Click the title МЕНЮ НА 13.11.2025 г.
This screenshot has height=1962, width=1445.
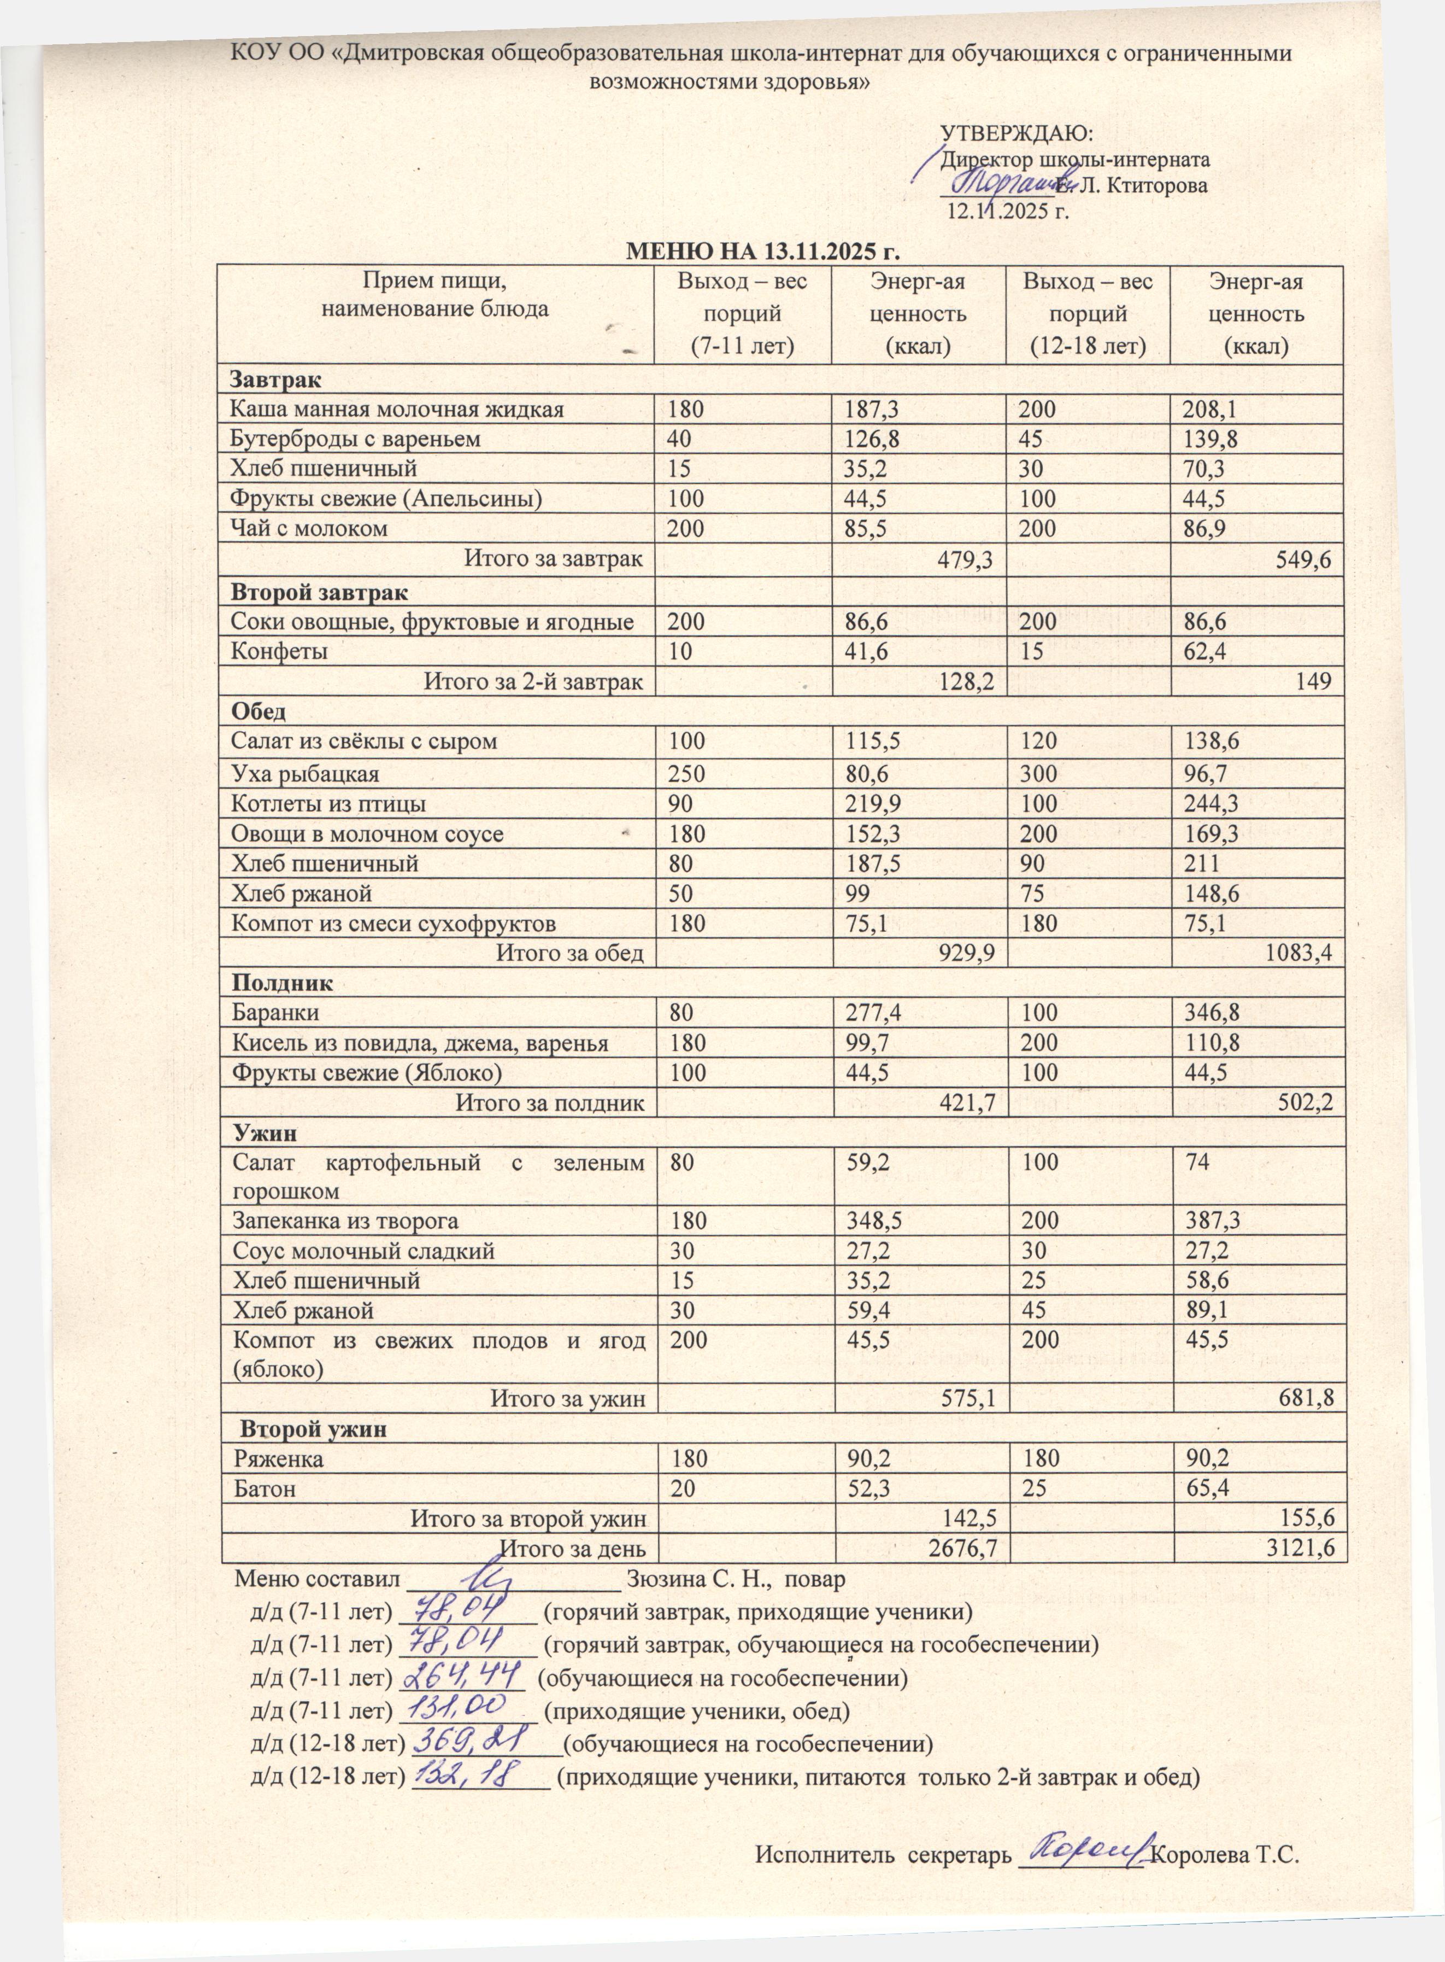pyautogui.click(x=763, y=253)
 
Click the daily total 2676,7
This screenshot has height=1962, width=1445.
pyautogui.click(x=966, y=1548)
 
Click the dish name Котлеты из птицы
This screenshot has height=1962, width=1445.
pyautogui.click(x=328, y=803)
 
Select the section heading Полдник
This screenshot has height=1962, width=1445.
pyautogui.click(x=281, y=983)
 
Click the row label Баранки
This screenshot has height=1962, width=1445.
pyautogui.click(x=274, y=1013)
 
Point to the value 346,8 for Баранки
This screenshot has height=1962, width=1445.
pyautogui.click(x=1212, y=1013)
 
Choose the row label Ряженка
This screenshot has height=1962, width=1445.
pyautogui.click(x=277, y=1459)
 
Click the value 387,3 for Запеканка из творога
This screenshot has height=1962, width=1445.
pyautogui.click(x=1212, y=1221)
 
